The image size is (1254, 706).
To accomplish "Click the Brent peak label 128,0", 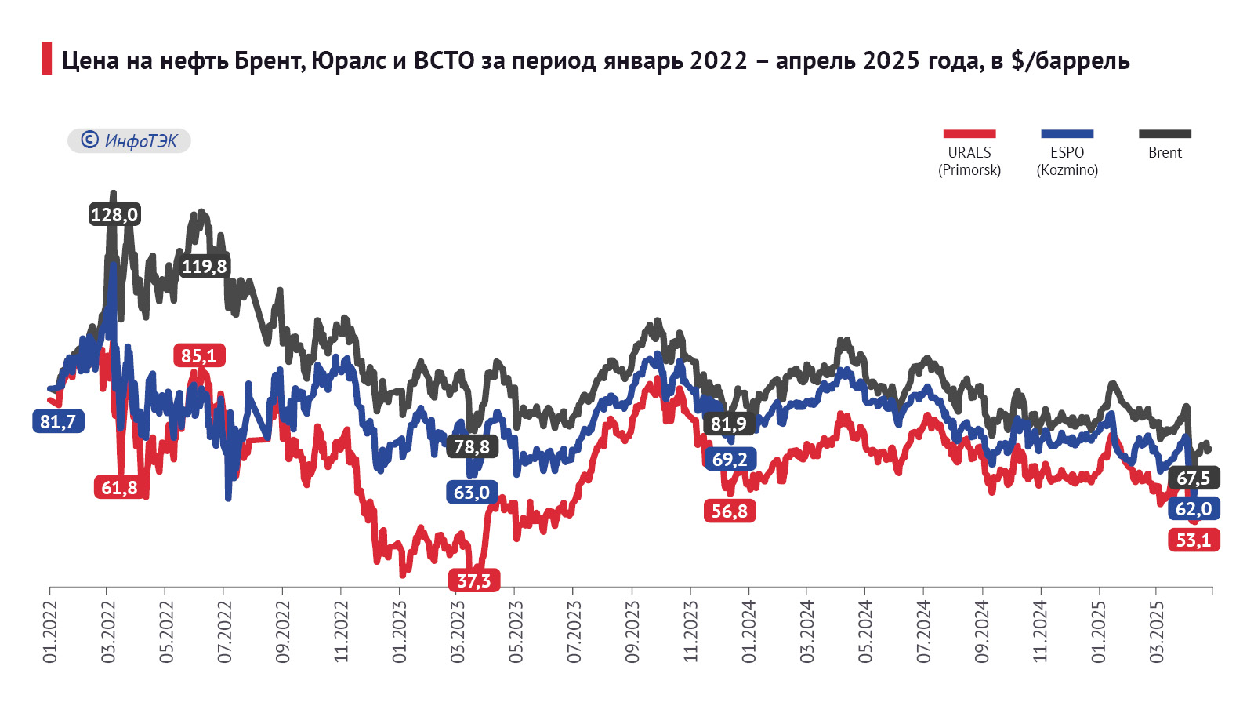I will (x=114, y=214).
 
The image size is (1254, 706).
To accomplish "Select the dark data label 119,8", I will (x=204, y=267).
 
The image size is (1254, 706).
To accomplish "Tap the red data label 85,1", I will (x=199, y=356).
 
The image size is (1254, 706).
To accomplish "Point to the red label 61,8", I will (x=119, y=488).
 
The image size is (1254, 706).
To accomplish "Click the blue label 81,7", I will (x=58, y=421).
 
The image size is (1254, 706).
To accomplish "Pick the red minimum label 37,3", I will (x=474, y=580).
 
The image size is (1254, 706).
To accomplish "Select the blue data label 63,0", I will (x=472, y=493).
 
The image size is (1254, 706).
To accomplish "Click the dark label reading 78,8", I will (x=472, y=447).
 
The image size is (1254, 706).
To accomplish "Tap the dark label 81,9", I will (x=729, y=424).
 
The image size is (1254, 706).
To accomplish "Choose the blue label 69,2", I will (x=730, y=459).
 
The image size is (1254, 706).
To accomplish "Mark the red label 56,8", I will (x=730, y=511).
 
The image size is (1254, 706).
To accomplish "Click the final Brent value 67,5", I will (x=1193, y=478).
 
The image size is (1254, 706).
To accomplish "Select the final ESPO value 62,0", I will (x=1193, y=509).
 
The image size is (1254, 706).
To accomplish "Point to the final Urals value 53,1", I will (x=1194, y=540).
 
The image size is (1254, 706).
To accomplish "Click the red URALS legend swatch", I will (x=969, y=134).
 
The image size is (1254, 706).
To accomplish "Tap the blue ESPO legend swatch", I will (x=1067, y=134).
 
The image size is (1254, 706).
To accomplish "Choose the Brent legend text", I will (x=1165, y=153).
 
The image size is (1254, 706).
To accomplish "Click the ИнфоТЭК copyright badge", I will (x=129, y=140).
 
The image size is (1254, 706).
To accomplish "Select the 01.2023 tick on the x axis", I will (x=400, y=632).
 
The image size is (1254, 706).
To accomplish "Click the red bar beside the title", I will (x=46, y=59).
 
